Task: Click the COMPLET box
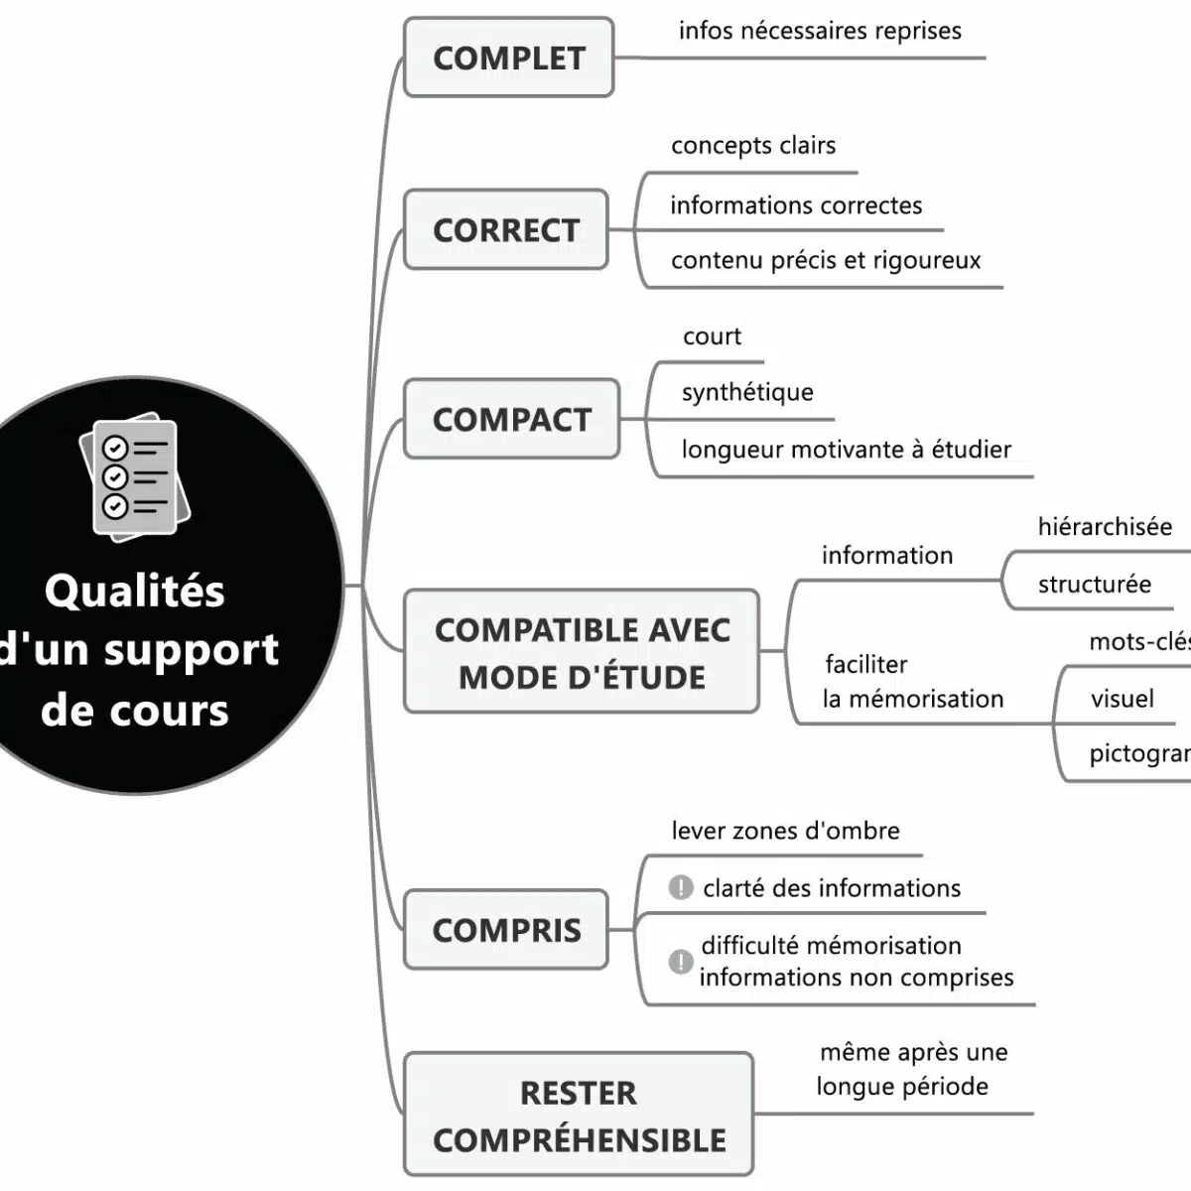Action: [508, 58]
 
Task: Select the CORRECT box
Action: [506, 229]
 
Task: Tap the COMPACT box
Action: [511, 419]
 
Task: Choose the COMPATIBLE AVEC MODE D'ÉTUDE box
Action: [582, 651]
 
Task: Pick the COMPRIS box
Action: [506, 930]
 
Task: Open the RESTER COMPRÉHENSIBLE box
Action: [579, 1115]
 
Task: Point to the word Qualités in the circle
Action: [135, 592]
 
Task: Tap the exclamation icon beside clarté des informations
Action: [681, 887]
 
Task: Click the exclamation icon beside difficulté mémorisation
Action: [681, 961]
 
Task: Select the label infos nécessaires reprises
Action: [820, 31]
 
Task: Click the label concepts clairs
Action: [753, 146]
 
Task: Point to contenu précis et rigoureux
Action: [826, 261]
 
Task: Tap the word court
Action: [712, 336]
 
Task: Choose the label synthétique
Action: [747, 392]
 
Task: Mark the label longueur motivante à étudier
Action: [846, 450]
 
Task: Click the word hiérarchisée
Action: [1105, 527]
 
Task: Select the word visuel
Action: [1122, 699]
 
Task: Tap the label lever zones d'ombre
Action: [785, 831]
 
